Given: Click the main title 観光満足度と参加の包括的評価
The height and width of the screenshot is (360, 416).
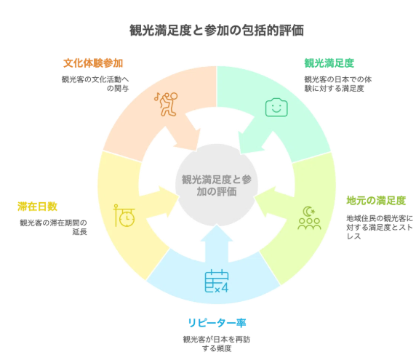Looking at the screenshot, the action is tap(217, 31).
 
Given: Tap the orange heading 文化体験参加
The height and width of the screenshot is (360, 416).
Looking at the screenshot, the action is tap(93, 63).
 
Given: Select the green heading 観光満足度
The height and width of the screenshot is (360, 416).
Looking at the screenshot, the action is tap(329, 63).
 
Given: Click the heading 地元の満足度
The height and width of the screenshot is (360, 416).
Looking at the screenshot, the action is tap(376, 201).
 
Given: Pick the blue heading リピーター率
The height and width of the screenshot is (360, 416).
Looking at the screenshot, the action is tap(217, 323).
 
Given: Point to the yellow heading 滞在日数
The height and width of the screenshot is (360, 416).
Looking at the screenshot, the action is tap(37, 207).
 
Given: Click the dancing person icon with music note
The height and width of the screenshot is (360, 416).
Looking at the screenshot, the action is tap(166, 104).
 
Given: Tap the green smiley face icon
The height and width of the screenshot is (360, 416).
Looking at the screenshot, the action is tap(276, 108).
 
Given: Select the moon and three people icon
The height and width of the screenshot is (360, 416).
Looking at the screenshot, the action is tap(309, 217).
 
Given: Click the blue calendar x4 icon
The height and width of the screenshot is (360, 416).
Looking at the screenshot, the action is tap(217, 281).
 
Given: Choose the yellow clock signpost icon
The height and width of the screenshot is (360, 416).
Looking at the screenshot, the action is tap(124, 215).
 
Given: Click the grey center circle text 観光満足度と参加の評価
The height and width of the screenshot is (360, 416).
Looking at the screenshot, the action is tap(217, 185).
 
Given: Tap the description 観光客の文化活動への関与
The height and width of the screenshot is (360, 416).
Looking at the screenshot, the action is tap(95, 84).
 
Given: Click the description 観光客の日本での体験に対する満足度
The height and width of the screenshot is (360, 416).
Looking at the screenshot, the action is tap(337, 84).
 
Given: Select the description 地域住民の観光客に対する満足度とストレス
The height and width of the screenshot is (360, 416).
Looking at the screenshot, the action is tap(380, 227).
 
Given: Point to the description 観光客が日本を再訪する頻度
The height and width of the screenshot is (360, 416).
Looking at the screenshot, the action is tap(217, 344).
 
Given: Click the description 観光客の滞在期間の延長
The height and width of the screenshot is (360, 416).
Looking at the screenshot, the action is tap(53, 227).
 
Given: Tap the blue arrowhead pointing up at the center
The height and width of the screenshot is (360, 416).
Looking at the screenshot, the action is tap(217, 233).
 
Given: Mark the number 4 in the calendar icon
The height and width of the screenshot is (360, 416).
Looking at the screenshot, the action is tap(225, 288).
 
